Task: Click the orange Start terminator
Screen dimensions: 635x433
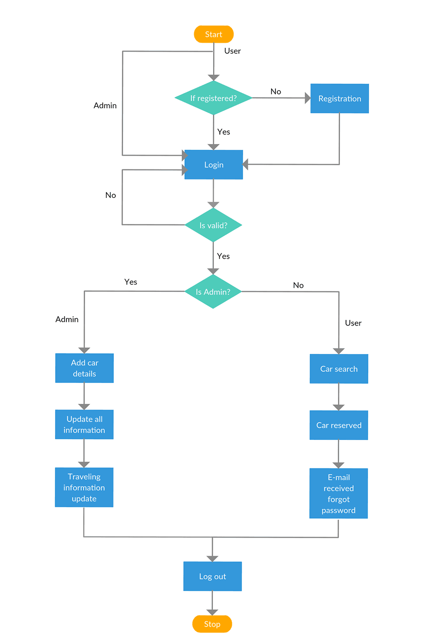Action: [x=214, y=34]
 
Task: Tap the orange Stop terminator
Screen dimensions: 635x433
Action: [x=212, y=624]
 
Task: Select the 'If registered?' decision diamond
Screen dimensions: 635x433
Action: [x=213, y=98]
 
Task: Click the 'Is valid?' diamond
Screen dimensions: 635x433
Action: [x=213, y=225]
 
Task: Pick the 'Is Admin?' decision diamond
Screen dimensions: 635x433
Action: [x=213, y=292]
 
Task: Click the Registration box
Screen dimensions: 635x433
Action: [x=339, y=99]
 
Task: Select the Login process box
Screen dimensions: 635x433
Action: [x=214, y=165]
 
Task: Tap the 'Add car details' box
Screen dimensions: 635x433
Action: [x=85, y=368]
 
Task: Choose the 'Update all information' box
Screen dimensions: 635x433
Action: [x=84, y=425]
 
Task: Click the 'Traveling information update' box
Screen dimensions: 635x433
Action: [x=84, y=487]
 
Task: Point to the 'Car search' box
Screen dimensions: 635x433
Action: [x=339, y=369]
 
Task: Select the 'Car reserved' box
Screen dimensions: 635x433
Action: [x=339, y=425]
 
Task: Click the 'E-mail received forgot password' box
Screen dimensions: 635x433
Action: [x=339, y=494]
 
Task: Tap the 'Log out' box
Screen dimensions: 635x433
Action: [x=212, y=577]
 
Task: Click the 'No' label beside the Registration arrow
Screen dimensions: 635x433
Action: [x=276, y=92]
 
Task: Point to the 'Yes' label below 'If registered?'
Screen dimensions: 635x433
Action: [x=224, y=132]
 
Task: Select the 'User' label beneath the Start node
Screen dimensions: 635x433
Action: [x=233, y=51]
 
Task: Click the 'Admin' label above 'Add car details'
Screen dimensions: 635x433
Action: [x=67, y=319]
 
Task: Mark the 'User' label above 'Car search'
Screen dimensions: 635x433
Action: [x=353, y=323]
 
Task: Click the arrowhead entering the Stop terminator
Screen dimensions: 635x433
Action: [x=212, y=612]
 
